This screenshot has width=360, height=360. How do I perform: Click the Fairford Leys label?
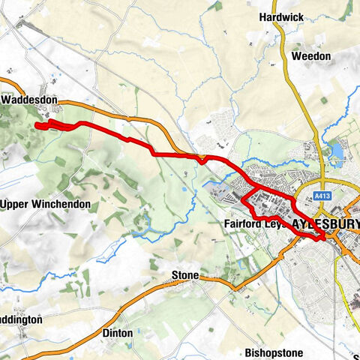[x=250, y=223]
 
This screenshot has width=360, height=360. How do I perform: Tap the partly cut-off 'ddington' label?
[x=21, y=319]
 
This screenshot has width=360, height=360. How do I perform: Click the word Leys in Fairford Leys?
[x=274, y=223]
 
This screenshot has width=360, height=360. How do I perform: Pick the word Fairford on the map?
[x=241, y=223]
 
